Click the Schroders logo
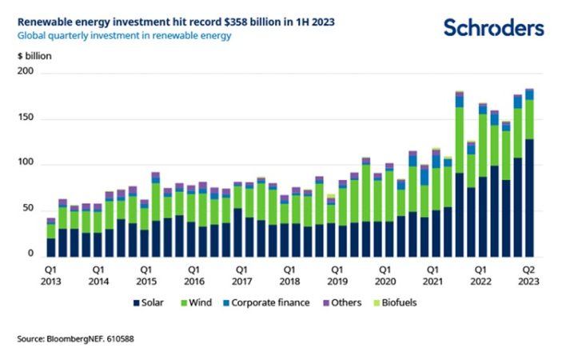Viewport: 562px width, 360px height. tap(493, 28)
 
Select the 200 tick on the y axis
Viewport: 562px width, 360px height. tap(30, 74)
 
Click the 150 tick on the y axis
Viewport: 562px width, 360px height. tap(30, 119)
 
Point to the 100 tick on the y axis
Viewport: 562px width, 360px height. tap(30, 164)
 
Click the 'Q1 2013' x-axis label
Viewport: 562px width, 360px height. tap(51, 276)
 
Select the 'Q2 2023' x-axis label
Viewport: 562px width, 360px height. tap(529, 276)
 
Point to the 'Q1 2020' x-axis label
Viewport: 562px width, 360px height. tap(385, 276)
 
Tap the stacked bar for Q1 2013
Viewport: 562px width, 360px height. tap(51, 238)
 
